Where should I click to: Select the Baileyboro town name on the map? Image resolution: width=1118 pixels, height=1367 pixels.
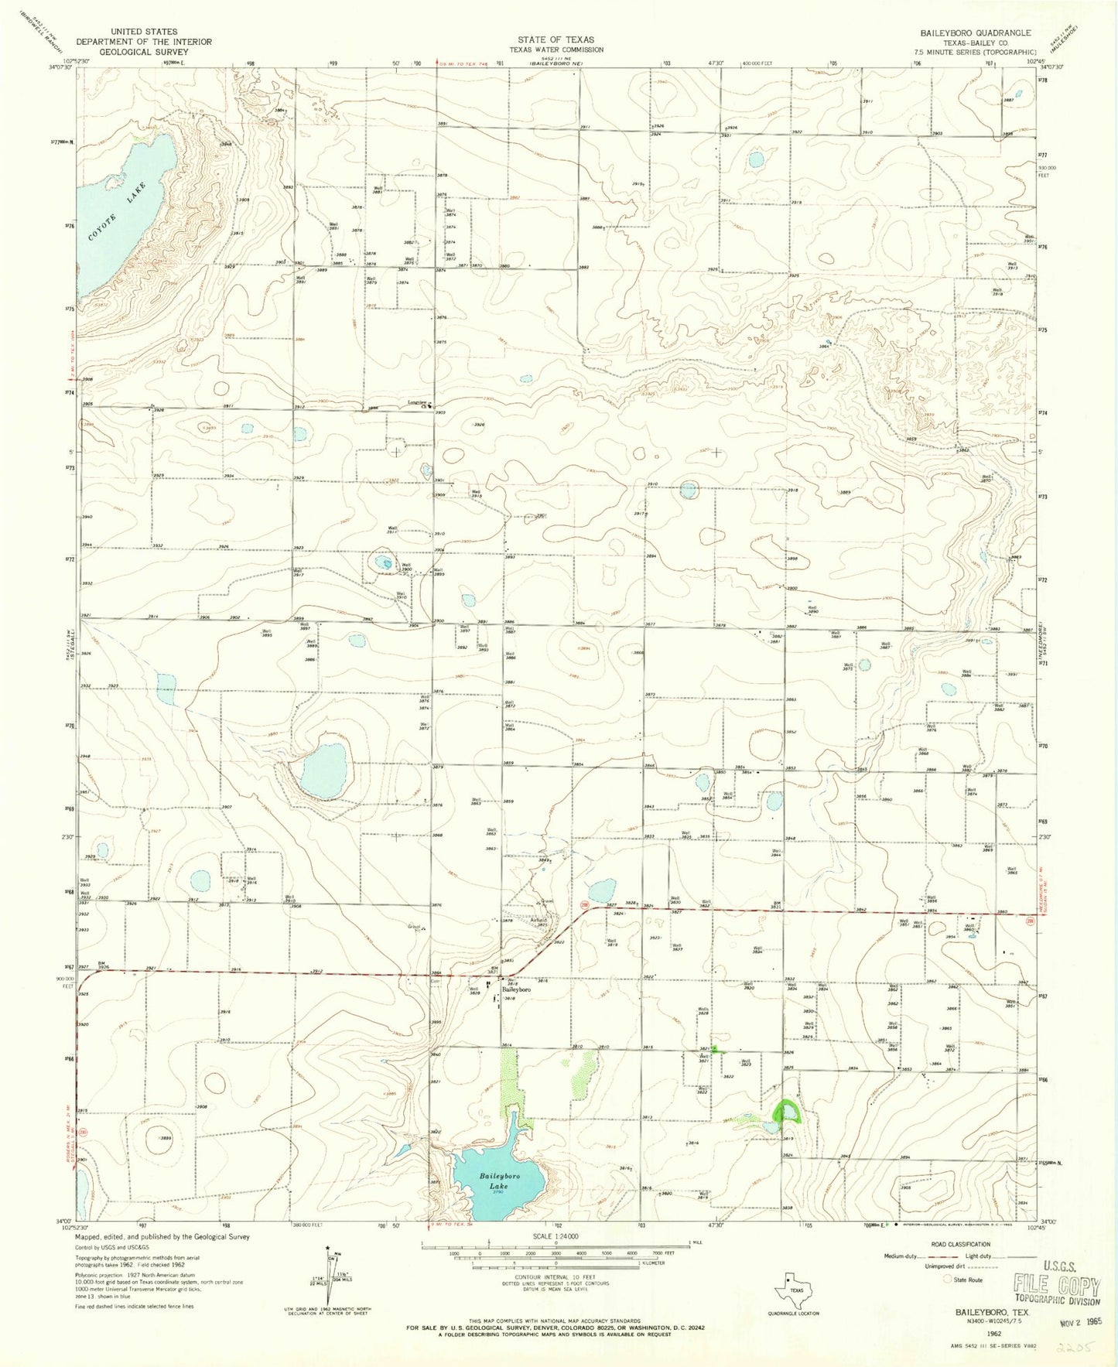(x=517, y=989)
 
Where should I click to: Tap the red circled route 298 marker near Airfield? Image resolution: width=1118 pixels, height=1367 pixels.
(x=585, y=905)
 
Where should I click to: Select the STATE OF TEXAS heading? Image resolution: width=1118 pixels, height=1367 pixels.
(x=556, y=39)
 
